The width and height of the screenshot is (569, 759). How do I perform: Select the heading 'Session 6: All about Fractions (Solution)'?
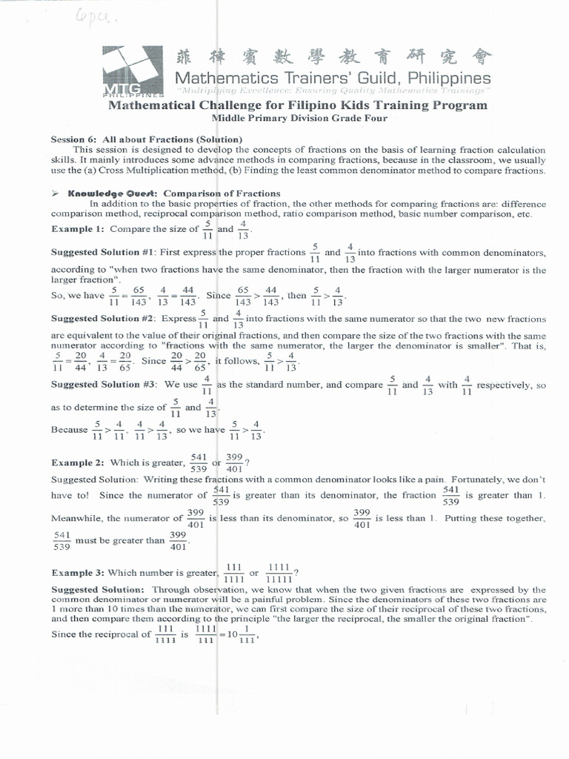(146, 139)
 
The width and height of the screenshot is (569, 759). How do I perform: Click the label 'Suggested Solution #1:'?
(102, 252)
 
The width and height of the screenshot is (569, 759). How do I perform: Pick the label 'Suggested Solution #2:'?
(102, 319)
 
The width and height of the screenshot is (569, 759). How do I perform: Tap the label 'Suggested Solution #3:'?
(102, 385)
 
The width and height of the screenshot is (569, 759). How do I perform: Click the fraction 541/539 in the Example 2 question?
(198, 463)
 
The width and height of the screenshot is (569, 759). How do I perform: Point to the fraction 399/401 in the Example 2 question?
(235, 463)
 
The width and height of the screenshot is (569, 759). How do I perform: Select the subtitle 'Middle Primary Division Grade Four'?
(299, 118)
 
